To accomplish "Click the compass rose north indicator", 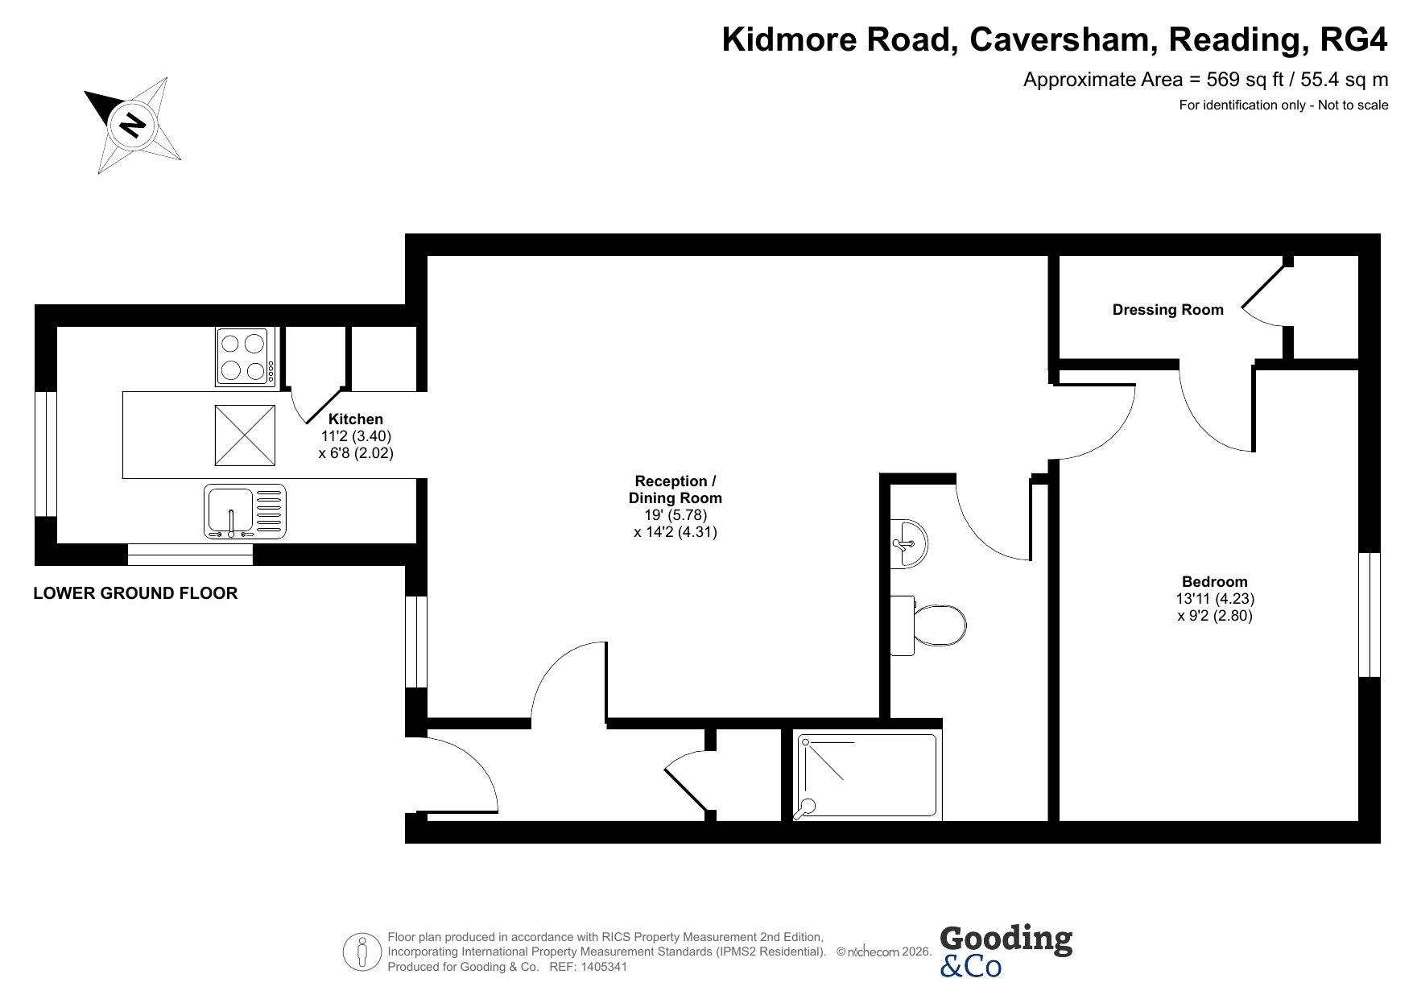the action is (x=132, y=125).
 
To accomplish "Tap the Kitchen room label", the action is (x=356, y=419).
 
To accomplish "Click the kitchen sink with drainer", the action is (x=245, y=511).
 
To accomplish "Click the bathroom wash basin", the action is (x=909, y=543).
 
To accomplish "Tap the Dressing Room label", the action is (x=1167, y=310).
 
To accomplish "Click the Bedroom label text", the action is (x=1215, y=581).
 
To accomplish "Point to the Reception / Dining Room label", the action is (x=676, y=489).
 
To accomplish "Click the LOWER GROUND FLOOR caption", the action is (x=135, y=593).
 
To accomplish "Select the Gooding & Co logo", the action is (x=1006, y=951).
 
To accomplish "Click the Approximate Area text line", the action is (x=1205, y=80).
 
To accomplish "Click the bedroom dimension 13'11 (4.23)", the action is (x=1215, y=599).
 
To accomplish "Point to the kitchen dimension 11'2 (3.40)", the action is (x=356, y=436).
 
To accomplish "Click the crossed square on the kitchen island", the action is (x=245, y=436).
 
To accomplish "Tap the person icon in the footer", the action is (x=362, y=952).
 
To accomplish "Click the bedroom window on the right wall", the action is (x=1370, y=615).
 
